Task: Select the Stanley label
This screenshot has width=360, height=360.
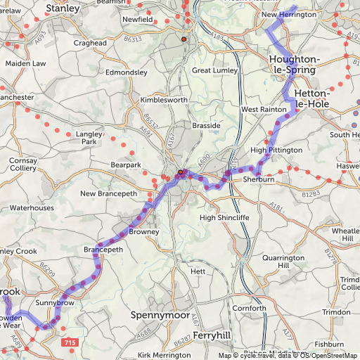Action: click(62, 8)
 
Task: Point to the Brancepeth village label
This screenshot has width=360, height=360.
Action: click(103, 250)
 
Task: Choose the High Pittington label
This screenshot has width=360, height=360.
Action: click(276, 150)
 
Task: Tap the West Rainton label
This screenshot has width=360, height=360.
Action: click(263, 110)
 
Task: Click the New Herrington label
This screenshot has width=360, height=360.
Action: click(288, 15)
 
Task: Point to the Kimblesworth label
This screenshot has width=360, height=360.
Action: click(162, 101)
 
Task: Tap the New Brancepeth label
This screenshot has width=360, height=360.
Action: click(108, 193)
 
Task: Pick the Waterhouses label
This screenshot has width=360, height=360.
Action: click(32, 208)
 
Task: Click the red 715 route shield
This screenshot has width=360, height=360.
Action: click(70, 342)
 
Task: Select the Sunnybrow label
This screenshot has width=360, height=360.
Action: click(55, 302)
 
